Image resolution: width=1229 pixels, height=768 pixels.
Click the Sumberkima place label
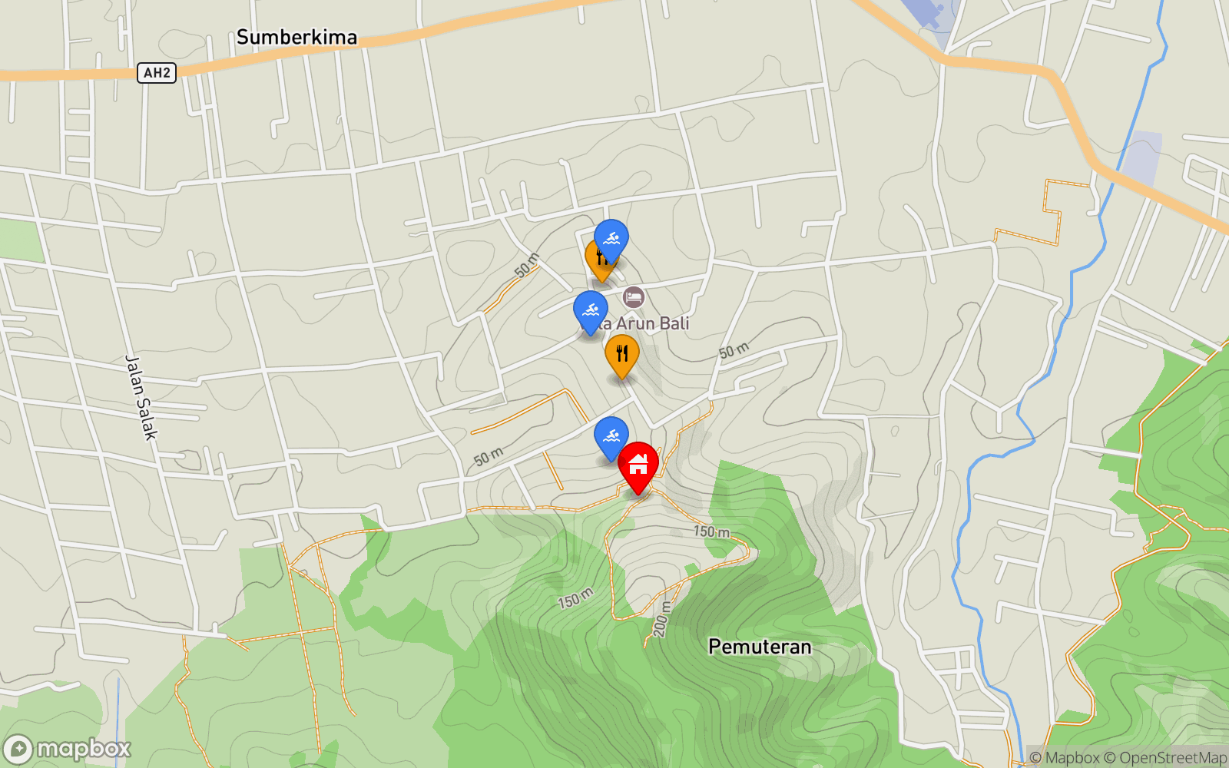click(x=296, y=37)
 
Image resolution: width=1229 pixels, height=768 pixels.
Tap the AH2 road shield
click(x=157, y=73)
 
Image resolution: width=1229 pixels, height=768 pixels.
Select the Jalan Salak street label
click(x=141, y=397)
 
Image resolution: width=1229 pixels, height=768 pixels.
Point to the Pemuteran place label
click(x=759, y=647)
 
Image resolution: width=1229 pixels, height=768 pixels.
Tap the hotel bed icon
click(x=634, y=296)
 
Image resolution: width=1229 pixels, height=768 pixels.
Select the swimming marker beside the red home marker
click(x=611, y=436)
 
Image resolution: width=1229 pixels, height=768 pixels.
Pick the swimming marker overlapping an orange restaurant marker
click(x=611, y=239)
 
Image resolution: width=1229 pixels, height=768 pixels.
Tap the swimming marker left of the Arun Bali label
click(x=591, y=310)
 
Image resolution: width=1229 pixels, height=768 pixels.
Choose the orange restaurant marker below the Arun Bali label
click(x=622, y=354)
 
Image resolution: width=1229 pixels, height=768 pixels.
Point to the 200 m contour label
click(x=661, y=619)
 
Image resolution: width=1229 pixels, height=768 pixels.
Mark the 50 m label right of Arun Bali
click(x=734, y=351)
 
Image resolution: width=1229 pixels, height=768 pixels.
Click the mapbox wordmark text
click(x=84, y=748)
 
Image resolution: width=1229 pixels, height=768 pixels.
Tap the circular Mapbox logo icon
click(x=18, y=750)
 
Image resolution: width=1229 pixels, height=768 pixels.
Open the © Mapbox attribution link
click(x=1064, y=758)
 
